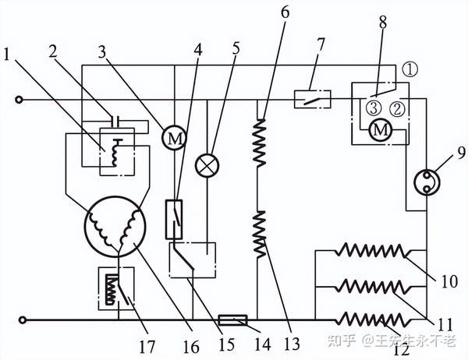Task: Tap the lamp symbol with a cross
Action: click(208, 164)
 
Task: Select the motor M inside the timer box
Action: click(380, 130)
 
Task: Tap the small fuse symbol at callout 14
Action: click(233, 319)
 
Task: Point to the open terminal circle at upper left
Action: click(22, 100)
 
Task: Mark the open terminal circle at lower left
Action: click(22, 319)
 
